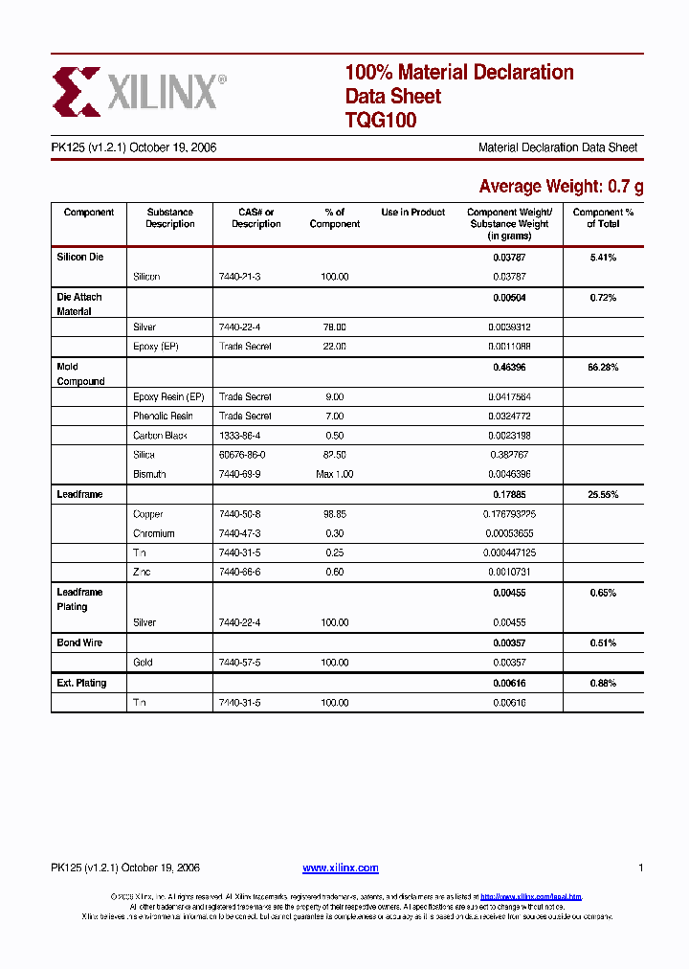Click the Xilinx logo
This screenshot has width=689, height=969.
(140, 92)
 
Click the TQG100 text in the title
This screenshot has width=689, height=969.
(380, 121)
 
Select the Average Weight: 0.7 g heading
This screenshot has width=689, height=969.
(561, 186)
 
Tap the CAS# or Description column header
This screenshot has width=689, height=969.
(256, 218)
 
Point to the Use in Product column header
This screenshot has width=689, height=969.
(412, 213)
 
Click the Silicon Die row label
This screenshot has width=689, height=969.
(80, 258)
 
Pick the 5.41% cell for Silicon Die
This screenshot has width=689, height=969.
(603, 258)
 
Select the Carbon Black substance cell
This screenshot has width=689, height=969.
(160, 436)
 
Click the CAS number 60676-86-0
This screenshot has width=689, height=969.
(242, 455)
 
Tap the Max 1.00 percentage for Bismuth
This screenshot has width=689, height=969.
(334, 475)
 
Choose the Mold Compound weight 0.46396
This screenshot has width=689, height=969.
(508, 368)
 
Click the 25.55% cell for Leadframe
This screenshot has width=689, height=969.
(603, 495)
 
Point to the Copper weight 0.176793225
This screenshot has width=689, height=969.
(508, 514)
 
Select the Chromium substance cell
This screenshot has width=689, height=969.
(154, 533)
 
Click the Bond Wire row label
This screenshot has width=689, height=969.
(79, 642)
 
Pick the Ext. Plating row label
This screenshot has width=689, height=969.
(81, 683)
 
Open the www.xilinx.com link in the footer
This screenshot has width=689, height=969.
(340, 868)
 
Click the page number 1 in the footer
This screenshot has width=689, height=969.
(639, 868)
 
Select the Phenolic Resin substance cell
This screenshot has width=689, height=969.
(163, 417)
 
